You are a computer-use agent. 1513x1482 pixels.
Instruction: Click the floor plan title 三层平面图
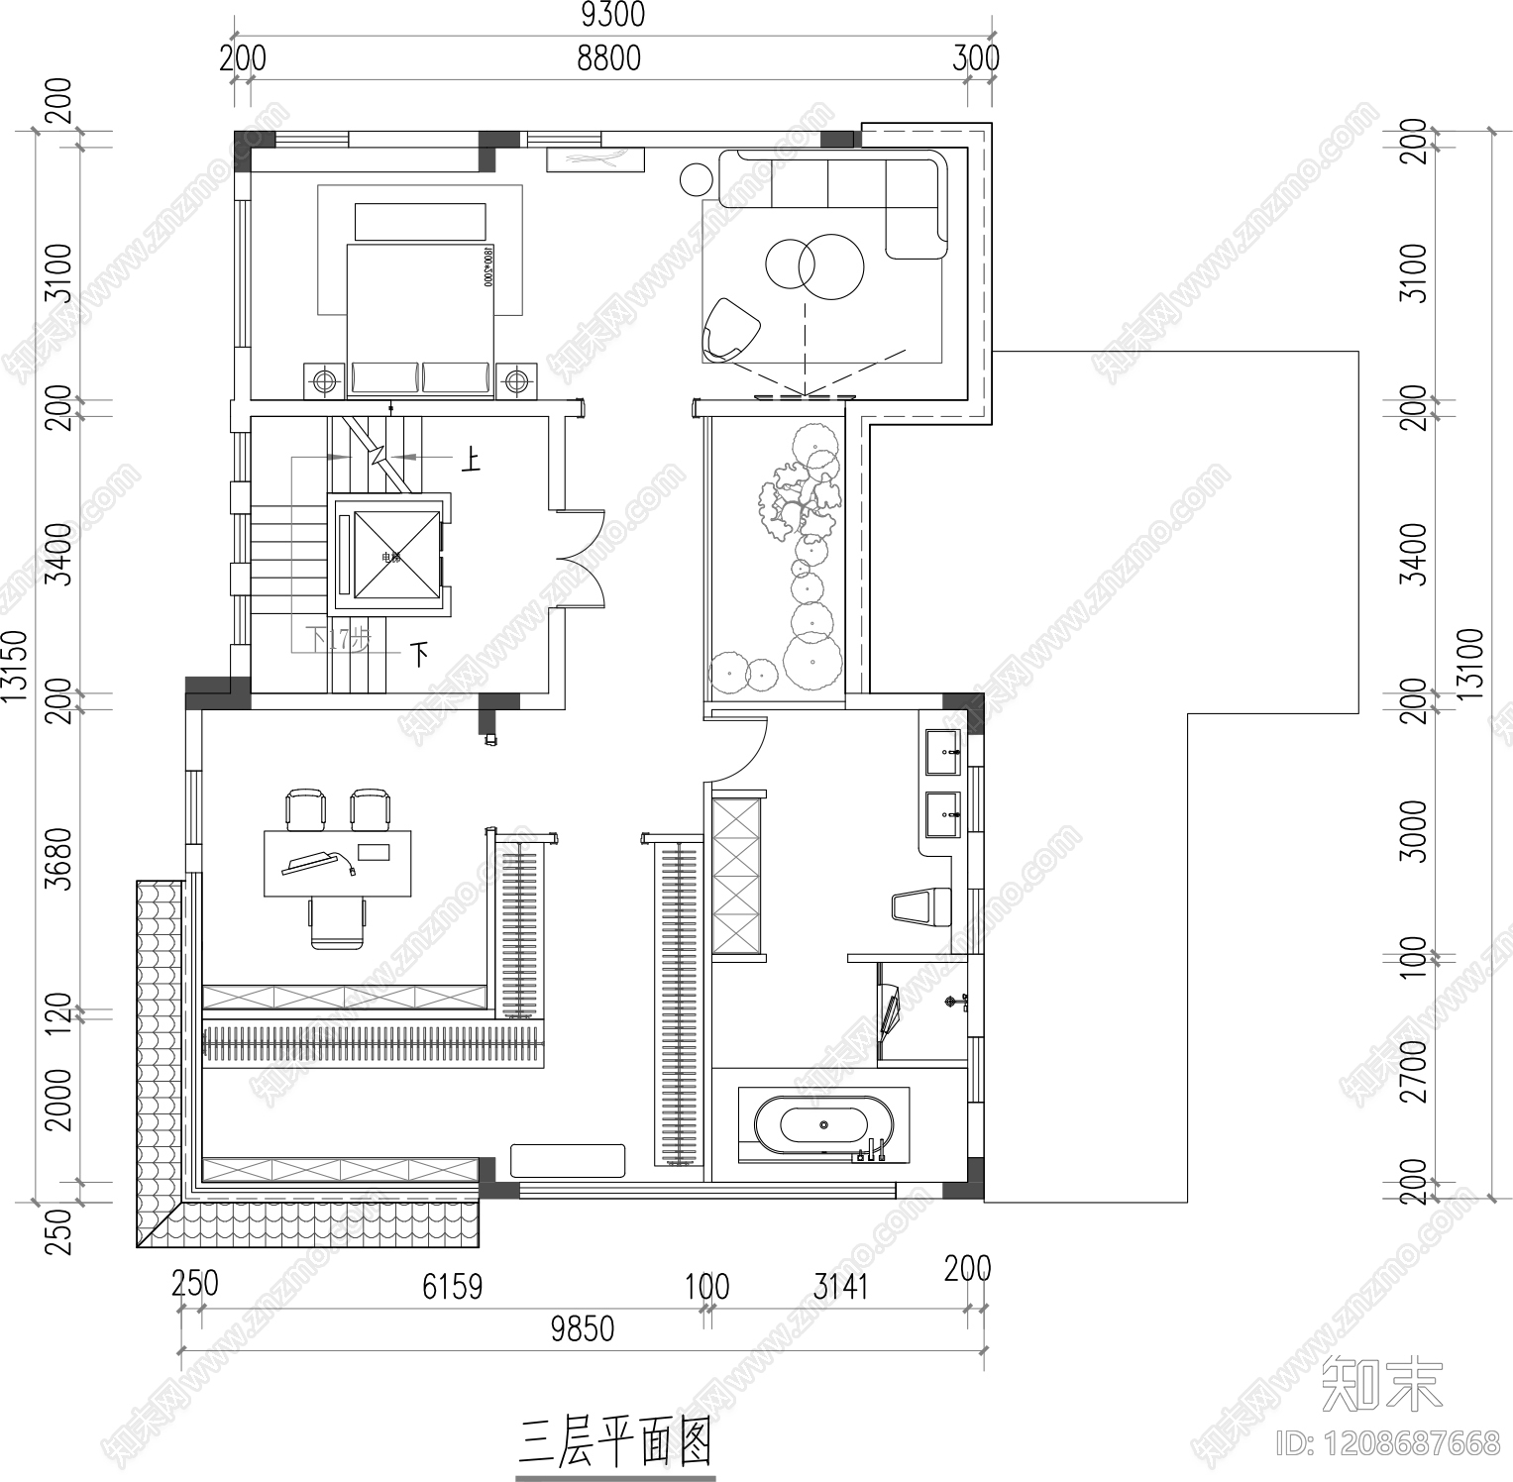click(614, 1441)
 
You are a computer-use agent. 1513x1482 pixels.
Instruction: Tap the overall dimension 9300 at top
click(611, 15)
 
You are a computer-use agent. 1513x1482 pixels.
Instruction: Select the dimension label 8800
click(609, 58)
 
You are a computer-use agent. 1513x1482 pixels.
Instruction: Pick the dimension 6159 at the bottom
click(452, 1286)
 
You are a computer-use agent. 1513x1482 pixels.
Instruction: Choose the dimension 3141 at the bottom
click(840, 1286)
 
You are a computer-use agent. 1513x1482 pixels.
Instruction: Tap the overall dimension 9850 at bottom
click(582, 1328)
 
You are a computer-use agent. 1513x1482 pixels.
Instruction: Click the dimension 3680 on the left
click(59, 859)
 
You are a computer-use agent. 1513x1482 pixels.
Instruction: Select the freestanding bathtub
click(823, 1125)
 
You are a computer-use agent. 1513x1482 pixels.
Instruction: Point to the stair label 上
click(469, 459)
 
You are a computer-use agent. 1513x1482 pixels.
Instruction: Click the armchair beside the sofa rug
click(729, 330)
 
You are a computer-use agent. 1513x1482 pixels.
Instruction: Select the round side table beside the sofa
click(697, 179)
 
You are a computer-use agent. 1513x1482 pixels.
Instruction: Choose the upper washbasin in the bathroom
click(942, 752)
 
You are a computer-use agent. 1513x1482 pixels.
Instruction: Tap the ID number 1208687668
click(1390, 1442)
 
